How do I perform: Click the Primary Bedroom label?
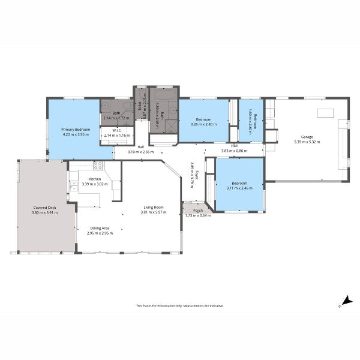click(75, 130)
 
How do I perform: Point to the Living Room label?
click(152, 207)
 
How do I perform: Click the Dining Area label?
click(100, 228)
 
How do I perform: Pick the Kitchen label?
click(95, 179)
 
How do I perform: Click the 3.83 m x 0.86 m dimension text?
click(235, 151)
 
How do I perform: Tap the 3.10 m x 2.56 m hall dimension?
click(140, 152)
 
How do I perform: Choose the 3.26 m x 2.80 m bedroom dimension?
click(204, 124)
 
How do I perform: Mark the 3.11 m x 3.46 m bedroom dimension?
click(239, 188)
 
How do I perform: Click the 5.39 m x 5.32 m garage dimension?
click(307, 142)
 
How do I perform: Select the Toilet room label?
click(139, 106)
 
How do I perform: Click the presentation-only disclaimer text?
click(180, 305)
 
